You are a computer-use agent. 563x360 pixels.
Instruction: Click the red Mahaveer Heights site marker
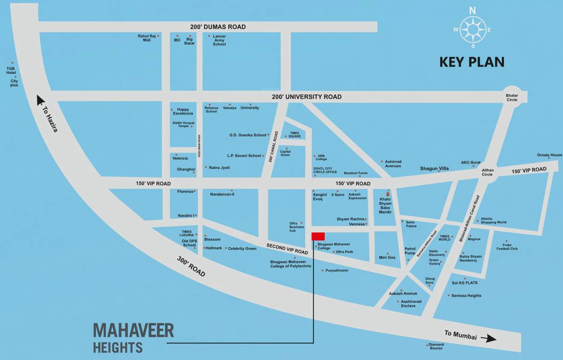click(319, 236)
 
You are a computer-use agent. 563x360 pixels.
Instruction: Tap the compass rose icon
click(473, 29)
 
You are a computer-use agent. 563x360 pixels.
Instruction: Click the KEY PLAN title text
click(472, 62)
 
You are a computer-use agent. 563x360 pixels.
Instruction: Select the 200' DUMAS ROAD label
click(218, 27)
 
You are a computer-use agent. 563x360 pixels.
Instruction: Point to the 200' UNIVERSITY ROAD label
click(307, 97)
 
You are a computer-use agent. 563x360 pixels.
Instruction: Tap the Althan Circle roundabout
click(488, 172)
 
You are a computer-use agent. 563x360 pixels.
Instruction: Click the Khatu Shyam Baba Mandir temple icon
click(387, 193)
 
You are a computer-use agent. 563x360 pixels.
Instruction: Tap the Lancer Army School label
click(219, 40)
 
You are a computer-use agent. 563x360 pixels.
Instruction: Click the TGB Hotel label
click(11, 70)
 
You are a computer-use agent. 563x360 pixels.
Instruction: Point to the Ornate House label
click(549, 155)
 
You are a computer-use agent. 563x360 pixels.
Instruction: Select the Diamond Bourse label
click(436, 346)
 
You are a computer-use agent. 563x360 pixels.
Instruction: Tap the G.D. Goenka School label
click(248, 135)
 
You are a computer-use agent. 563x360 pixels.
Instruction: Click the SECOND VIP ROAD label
click(287, 249)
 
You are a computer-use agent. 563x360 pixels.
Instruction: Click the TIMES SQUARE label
click(295, 135)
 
